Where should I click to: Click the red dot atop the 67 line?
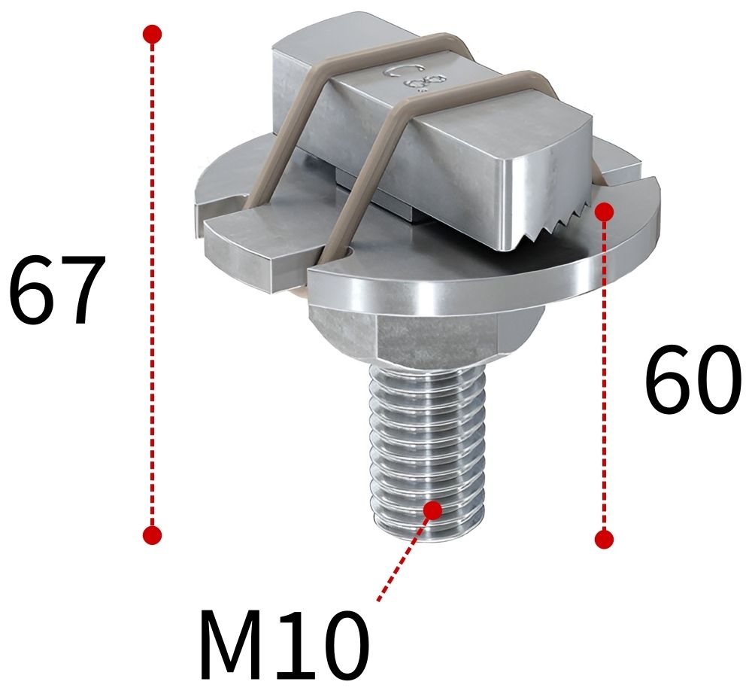coord(152,34)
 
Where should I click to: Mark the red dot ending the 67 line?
coord(152,535)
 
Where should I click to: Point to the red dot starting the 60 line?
coord(604,212)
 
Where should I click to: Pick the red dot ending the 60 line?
coord(604,539)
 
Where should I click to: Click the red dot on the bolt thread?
coord(432,510)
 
